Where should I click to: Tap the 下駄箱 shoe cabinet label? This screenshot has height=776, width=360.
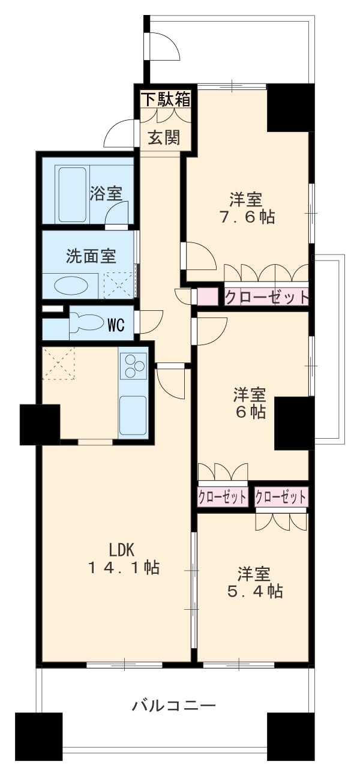click(166, 99)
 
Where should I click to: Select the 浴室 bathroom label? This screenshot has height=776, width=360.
click(106, 193)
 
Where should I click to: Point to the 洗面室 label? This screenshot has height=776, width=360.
click(91, 256)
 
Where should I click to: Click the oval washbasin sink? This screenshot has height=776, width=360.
click(70, 285)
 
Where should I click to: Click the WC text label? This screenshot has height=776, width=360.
click(116, 326)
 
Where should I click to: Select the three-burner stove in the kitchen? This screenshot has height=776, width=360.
click(133, 365)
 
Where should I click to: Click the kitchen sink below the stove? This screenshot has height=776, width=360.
click(133, 414)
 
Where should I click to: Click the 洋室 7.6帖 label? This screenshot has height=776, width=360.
click(248, 208)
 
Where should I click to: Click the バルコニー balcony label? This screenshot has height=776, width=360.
click(173, 705)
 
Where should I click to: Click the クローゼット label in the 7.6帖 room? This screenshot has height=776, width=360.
click(267, 296)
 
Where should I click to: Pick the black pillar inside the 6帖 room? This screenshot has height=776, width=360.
click(294, 423)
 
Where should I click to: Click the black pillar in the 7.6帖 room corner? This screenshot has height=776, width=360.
click(290, 107)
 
